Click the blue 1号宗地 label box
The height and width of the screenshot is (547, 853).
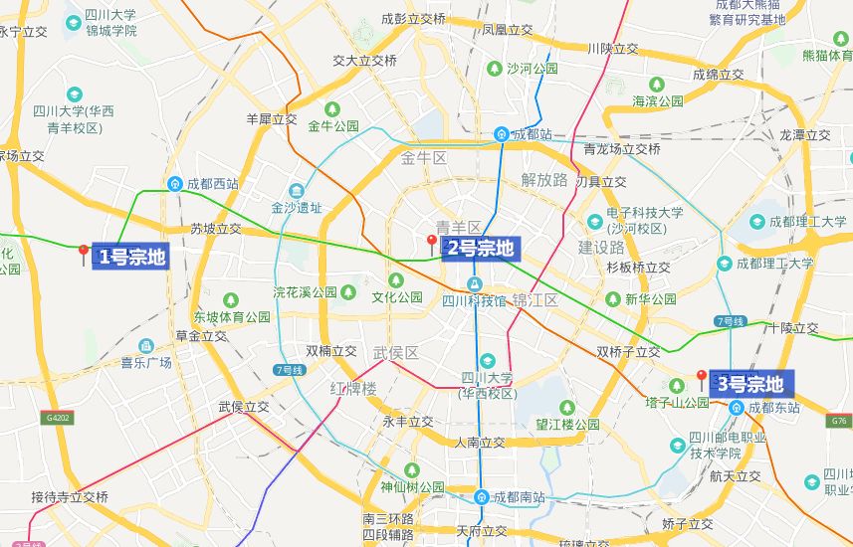coord(130,257)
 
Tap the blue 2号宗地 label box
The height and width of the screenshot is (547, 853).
coord(480,248)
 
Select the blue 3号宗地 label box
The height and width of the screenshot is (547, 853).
coord(749,384)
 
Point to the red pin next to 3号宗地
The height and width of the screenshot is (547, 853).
coord(701,378)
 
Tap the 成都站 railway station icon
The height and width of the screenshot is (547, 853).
coord(503,134)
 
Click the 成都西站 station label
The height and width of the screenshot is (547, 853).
coord(212,184)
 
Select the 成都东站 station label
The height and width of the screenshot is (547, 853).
coord(773,408)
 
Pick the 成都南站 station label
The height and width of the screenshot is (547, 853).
coord(520,497)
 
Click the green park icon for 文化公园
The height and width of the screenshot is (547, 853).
coord(347,292)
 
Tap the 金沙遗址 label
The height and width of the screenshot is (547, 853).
coord(297,209)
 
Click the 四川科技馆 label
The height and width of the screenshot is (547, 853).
coord(474,300)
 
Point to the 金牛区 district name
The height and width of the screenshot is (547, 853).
coord(424,158)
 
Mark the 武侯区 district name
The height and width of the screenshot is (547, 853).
coord(396,353)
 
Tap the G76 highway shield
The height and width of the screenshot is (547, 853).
coord(839,422)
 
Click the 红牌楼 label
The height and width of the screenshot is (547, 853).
coord(353,387)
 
